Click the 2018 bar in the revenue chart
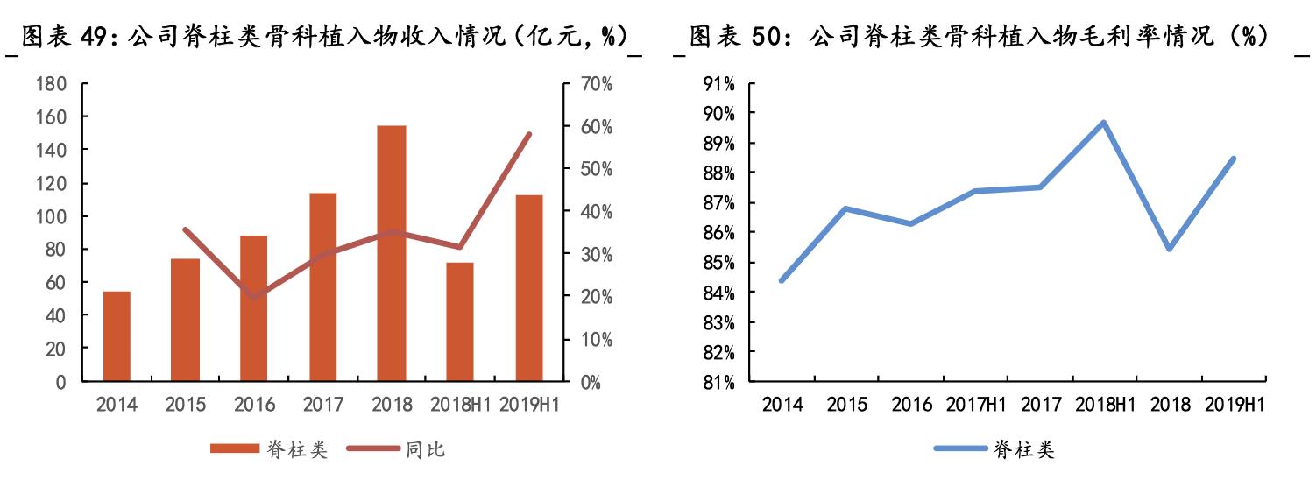392,254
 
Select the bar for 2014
117,336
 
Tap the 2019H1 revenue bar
528,288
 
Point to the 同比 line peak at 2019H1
528,135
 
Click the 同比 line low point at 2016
254,297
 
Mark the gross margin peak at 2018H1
1104,123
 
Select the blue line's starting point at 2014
781,280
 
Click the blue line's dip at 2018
1169,249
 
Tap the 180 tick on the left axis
53,84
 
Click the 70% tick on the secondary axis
595,84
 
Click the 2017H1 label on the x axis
975,405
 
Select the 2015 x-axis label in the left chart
186,405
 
